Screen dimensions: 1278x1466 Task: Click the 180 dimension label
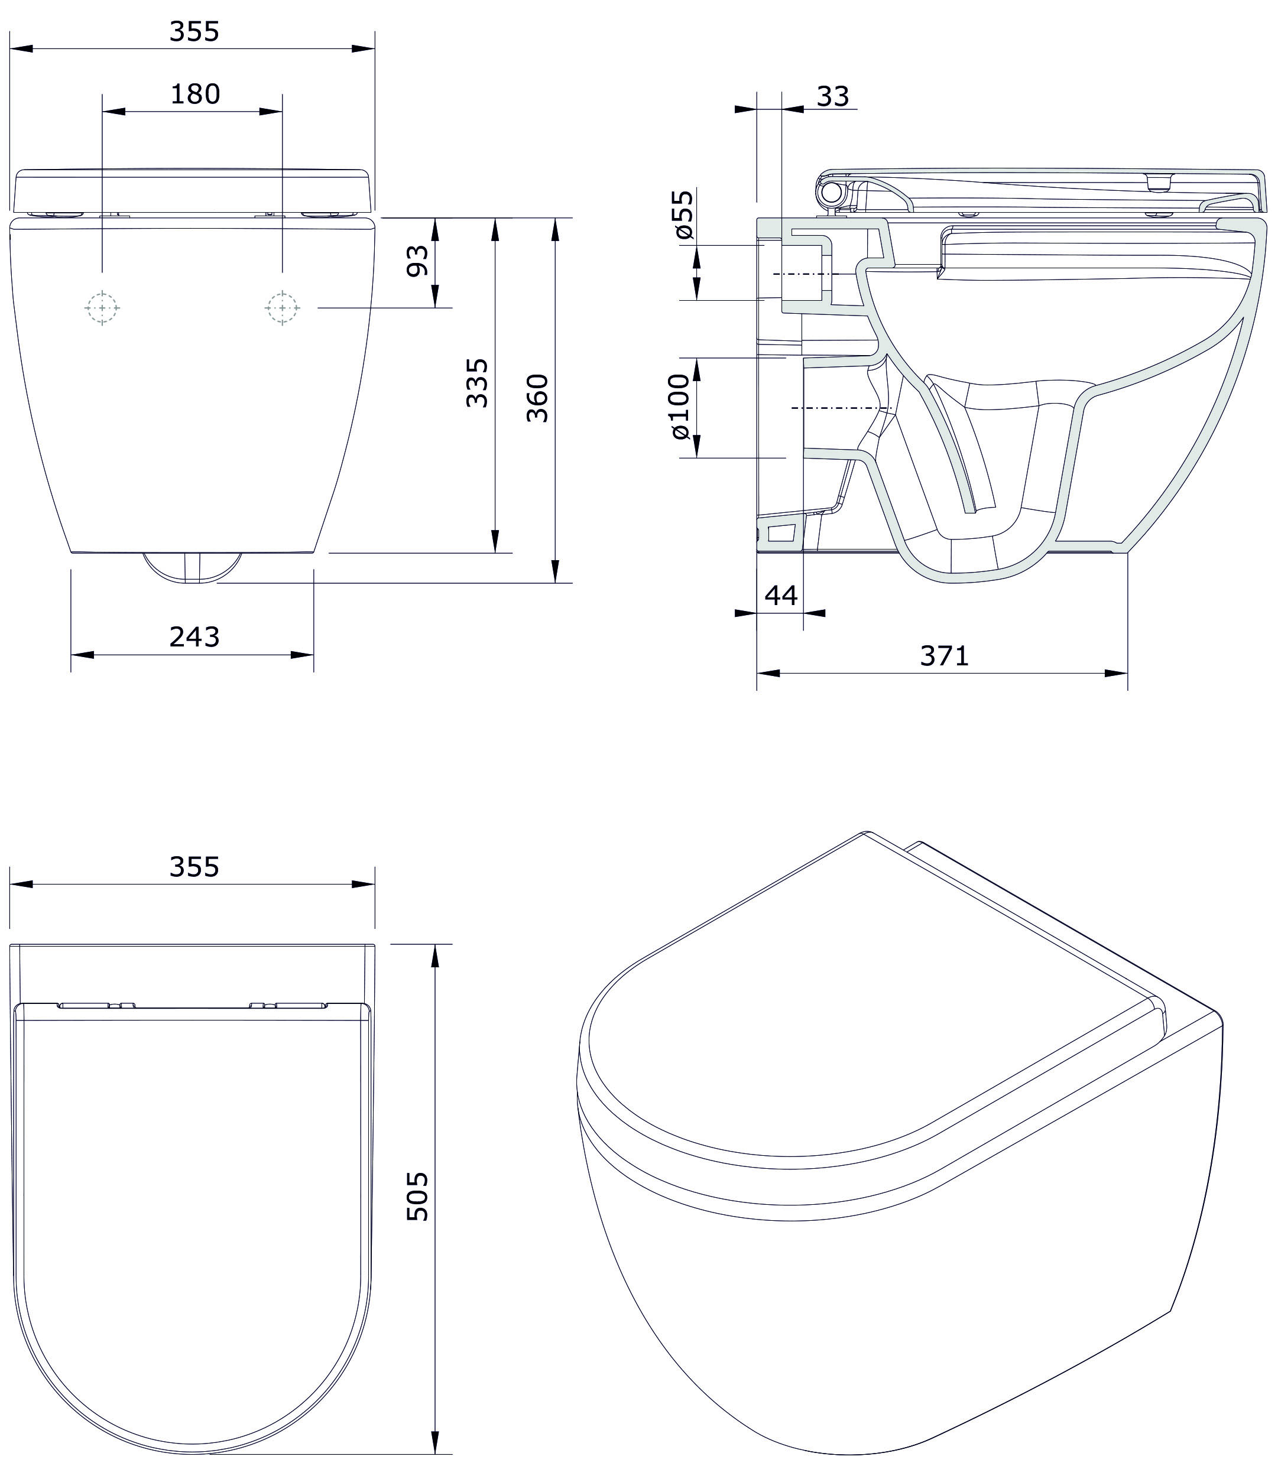[194, 94]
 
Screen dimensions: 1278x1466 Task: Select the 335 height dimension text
[477, 383]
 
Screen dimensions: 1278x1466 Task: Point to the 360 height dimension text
[538, 398]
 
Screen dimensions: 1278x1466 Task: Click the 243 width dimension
[194, 637]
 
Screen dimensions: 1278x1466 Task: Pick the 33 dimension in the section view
[833, 96]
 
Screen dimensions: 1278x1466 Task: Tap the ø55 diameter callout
[683, 214]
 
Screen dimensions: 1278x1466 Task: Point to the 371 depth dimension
[944, 655]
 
